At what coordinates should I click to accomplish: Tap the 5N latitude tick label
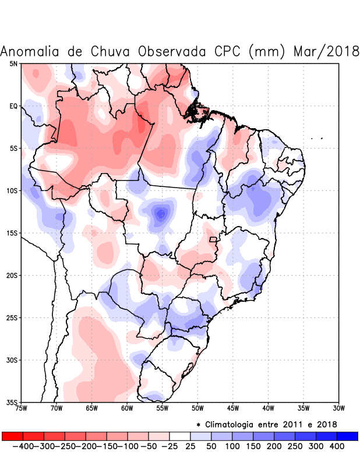[x=13, y=63]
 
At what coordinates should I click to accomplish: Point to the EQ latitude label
[x=13, y=106]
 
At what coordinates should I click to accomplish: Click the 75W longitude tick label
[x=22, y=408]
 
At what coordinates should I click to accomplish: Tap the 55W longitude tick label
[x=163, y=408]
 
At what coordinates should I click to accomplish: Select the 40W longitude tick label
[x=269, y=408]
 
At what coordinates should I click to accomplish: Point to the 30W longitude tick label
[x=339, y=408]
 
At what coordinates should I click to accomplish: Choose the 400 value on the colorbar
[x=337, y=446]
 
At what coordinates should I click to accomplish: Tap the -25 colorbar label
[x=170, y=446]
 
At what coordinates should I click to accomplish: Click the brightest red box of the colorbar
[x=12, y=436]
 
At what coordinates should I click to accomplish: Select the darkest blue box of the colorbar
[x=347, y=436]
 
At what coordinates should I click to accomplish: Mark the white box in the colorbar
[x=180, y=436]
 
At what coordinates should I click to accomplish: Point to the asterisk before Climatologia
[x=198, y=425]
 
